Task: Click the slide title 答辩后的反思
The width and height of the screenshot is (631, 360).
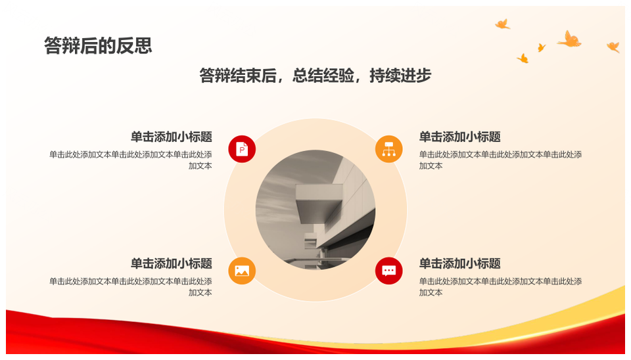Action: tap(98, 45)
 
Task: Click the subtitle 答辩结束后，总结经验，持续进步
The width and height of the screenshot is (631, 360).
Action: tap(315, 75)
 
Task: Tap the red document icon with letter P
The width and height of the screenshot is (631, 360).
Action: tap(242, 149)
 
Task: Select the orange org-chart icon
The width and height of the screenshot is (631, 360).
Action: tap(388, 149)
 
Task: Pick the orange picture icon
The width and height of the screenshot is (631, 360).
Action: tap(242, 271)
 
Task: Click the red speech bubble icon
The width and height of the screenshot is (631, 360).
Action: tap(388, 271)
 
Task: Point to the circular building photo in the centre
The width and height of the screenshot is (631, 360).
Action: tap(315, 210)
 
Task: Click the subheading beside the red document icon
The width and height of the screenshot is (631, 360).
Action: tap(172, 137)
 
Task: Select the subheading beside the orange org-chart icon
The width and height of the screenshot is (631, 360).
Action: tap(460, 137)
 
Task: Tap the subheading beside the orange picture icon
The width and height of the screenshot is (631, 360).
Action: tap(172, 263)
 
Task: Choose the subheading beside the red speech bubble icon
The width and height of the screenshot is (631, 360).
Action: tap(460, 263)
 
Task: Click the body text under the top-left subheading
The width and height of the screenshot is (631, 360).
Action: tap(131, 160)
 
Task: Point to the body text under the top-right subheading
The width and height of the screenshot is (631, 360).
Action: tap(501, 160)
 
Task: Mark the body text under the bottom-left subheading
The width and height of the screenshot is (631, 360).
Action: tap(131, 287)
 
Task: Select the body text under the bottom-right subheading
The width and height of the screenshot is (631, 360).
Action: tap(501, 287)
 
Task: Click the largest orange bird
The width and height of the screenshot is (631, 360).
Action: tap(570, 39)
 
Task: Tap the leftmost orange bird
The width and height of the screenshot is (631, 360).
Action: tap(502, 24)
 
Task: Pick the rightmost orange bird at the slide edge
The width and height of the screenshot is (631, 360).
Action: tap(613, 47)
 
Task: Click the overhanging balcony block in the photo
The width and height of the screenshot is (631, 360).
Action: tap(319, 200)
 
